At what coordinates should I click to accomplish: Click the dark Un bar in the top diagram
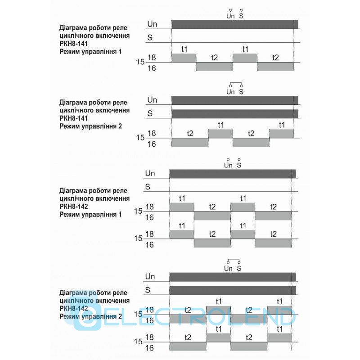click(x=234, y=24)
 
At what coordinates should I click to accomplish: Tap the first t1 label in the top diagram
click(x=184, y=49)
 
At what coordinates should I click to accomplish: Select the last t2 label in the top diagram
click(x=275, y=58)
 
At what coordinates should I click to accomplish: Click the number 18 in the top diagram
click(x=152, y=57)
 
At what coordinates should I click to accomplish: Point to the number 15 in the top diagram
click(x=140, y=62)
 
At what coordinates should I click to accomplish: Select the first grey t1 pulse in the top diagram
click(x=184, y=58)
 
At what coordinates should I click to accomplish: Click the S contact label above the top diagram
click(x=242, y=16)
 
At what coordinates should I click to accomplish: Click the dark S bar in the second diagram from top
click(x=234, y=113)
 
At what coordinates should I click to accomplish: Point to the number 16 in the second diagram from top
click(x=152, y=144)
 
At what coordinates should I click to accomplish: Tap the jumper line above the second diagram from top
click(x=236, y=84)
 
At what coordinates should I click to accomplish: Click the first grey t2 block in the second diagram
click(x=190, y=142)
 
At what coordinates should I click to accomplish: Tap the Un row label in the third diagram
click(x=150, y=173)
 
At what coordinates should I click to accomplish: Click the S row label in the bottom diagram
click(x=148, y=289)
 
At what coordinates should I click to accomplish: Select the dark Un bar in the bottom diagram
click(x=232, y=276)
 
